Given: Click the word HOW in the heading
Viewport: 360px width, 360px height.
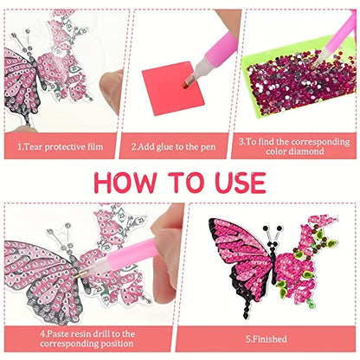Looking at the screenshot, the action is click(x=125, y=183).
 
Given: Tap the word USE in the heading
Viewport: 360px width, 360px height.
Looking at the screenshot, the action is click(x=240, y=183).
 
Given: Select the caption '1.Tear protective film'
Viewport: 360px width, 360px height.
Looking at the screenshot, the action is click(x=60, y=146).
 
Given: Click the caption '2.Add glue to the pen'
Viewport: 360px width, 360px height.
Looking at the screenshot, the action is click(x=173, y=146).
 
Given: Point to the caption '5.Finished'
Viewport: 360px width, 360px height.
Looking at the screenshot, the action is click(x=266, y=339).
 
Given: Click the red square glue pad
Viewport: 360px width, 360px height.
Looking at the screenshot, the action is click(x=172, y=88).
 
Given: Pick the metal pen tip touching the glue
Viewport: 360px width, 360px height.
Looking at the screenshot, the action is click(x=187, y=83).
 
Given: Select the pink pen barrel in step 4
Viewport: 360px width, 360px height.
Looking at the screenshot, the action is click(x=133, y=254).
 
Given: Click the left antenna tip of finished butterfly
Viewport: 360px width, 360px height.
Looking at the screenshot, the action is click(x=266, y=228).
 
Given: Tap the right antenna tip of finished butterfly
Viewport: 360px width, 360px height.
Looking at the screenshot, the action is click(x=280, y=228).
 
